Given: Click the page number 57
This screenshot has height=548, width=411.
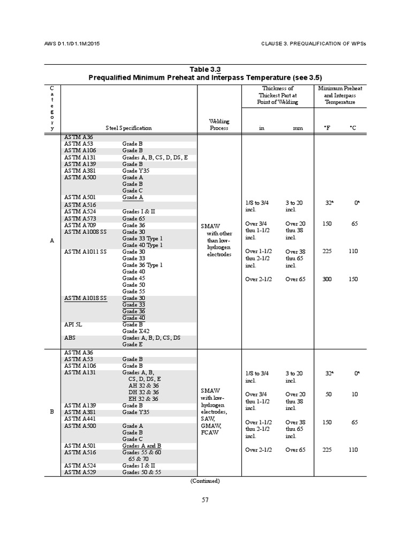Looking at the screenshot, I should point(205,500).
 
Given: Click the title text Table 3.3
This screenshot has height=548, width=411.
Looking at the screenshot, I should point(205,70).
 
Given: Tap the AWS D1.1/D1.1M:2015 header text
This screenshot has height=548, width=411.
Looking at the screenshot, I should point(71,43).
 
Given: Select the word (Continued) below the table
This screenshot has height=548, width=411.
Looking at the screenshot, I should point(205,481).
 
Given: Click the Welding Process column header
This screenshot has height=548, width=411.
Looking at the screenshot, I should point(219,125).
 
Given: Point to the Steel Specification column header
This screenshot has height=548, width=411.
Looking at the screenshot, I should point(128,128).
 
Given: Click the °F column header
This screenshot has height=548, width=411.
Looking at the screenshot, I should point(327,128).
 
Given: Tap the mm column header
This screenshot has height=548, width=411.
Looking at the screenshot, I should point(298,128).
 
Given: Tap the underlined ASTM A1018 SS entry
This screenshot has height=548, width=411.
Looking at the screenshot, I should point(86,298).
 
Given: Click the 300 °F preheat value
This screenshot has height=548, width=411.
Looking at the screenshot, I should point(327,279).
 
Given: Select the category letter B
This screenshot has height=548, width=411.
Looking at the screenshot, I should point(52,412).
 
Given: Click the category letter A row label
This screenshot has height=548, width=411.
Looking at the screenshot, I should point(52,241).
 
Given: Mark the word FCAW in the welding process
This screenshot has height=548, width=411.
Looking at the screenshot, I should point(209,432).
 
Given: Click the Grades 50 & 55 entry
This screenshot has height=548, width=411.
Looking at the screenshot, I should point(141,473).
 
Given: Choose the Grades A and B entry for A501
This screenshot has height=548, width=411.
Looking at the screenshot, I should point(142,446).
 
